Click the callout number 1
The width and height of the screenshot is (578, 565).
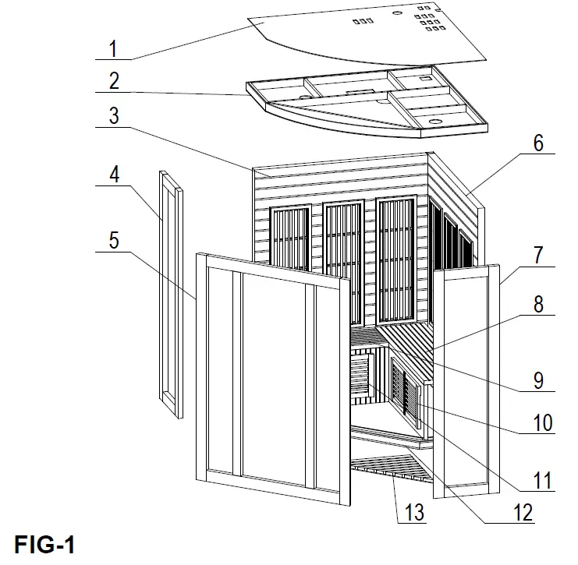[113, 48]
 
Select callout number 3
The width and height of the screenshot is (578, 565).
[113, 116]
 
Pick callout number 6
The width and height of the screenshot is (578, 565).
[538, 143]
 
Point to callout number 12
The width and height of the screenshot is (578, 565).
[523, 512]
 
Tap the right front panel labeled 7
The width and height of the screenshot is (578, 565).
[466, 382]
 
